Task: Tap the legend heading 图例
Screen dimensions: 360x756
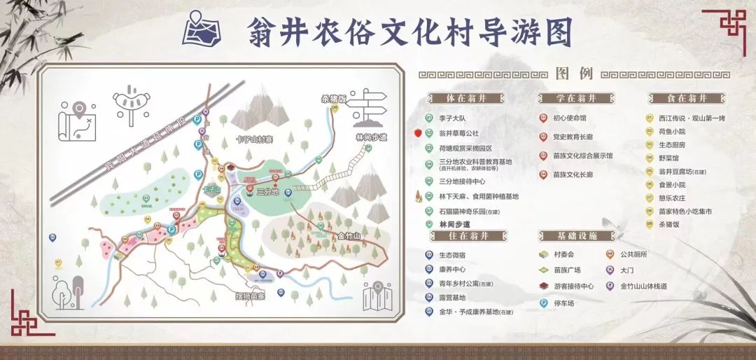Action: tap(574, 74)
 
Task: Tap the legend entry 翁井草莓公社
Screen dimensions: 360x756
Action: tap(458, 132)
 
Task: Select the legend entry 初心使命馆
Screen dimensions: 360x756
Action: tap(569, 118)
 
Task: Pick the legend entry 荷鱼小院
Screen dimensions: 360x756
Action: tap(672, 131)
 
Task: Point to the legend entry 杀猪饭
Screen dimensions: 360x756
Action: tap(669, 224)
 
